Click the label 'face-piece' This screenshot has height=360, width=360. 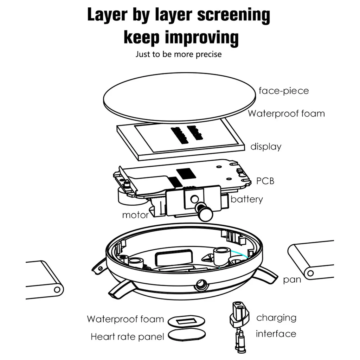pos(283,91)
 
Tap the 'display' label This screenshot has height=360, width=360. pos(266,147)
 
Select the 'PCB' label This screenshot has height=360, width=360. pos(265,181)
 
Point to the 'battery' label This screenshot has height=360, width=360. pos(246,199)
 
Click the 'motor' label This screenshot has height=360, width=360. pos(135,215)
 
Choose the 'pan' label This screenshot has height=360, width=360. pos(292,280)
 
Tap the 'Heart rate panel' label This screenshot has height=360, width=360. pos(127,337)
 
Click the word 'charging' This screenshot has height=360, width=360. pos(276,318)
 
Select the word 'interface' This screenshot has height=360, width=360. pos(276,334)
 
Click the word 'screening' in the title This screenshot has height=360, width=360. pos(233,16)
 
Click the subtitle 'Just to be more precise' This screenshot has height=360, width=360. pos(179,54)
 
